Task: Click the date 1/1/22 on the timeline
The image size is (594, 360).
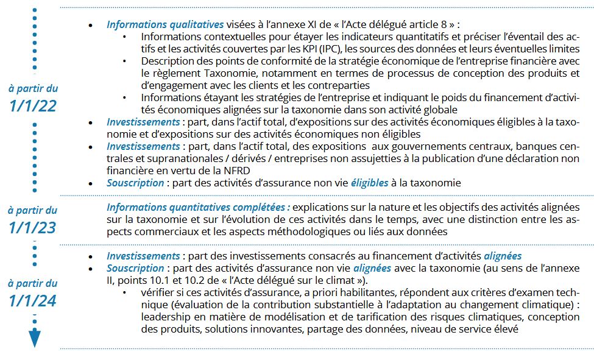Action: tap(34, 105)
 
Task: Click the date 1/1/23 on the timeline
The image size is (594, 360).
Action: tap(34, 228)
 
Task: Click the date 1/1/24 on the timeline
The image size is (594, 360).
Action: tap(34, 300)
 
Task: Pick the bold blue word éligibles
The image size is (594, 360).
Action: tap(369, 183)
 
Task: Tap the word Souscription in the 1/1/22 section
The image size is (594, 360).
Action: tap(135, 183)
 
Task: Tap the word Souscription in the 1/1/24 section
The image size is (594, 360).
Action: tap(135, 268)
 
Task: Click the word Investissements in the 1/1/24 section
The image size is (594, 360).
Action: tap(143, 256)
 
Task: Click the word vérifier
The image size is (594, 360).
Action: tap(158, 292)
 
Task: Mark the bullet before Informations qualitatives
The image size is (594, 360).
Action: tap(91, 26)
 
